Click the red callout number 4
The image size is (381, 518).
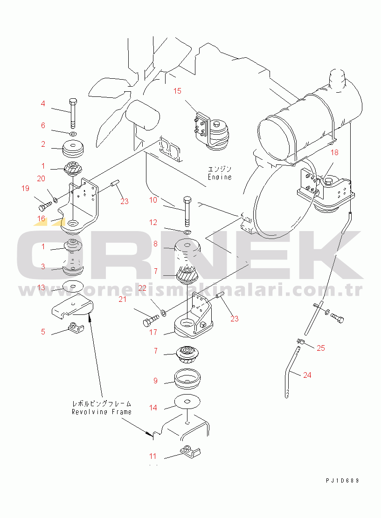click(42, 104)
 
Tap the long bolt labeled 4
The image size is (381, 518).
click(73, 113)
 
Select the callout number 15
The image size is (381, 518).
click(177, 91)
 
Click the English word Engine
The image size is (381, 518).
click(220, 177)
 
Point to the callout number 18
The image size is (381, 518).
click(335, 152)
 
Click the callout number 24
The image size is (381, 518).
click(307, 375)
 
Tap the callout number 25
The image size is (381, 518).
click(321, 348)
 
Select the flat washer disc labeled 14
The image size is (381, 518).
click(187, 402)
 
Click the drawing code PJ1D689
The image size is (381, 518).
click(343, 481)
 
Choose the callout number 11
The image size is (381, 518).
click(152, 456)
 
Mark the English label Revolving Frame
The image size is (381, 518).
click(102, 412)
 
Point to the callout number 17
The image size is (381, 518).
click(153, 332)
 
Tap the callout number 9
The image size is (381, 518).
click(155, 381)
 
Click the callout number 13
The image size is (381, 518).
click(41, 288)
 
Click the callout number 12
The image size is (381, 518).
click(153, 222)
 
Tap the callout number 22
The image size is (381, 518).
click(142, 288)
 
